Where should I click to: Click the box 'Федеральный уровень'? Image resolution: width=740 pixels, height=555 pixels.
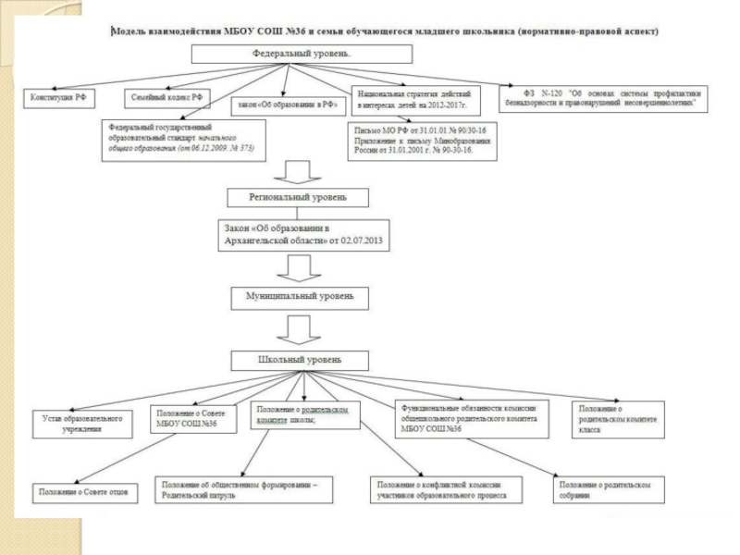coord(302,54)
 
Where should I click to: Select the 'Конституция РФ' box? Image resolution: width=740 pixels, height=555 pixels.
coord(60,96)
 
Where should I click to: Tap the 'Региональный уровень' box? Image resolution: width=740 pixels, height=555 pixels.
coord(298,197)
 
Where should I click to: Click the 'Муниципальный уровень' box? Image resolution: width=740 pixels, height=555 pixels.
coord(299,297)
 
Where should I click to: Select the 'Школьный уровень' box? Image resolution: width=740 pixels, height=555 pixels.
coord(299,359)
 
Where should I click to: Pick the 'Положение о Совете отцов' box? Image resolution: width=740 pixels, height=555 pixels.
coord(83,491)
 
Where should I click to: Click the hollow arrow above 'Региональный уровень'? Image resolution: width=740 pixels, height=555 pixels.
coord(299,172)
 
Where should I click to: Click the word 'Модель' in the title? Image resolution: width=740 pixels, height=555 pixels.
coord(129,31)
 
